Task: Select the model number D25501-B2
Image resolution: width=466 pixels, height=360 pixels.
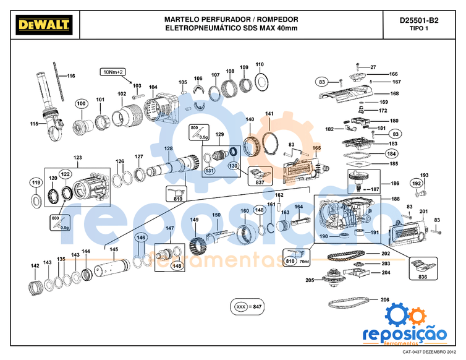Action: tap(418, 20)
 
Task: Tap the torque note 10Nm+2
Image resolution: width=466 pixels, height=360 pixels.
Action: tap(112, 72)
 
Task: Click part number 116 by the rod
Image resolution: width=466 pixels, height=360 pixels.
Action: tap(70, 76)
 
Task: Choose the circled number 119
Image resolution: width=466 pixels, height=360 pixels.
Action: tap(36, 182)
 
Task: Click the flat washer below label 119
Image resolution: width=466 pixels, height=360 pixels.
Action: tap(35, 200)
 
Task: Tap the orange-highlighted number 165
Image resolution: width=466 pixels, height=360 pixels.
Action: tap(316, 148)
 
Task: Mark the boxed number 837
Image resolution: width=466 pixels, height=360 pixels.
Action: tap(260, 182)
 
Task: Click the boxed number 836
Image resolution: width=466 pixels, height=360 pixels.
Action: tap(423, 276)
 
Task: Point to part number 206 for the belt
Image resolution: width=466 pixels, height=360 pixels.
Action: tap(384, 300)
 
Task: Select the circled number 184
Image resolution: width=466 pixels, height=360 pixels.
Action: tap(391, 153)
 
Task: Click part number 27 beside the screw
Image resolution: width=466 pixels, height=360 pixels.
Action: tap(373, 67)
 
